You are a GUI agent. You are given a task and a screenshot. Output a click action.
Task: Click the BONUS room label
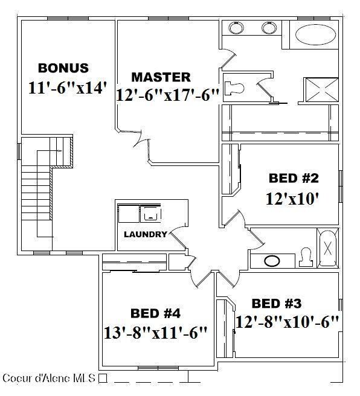click(63, 68)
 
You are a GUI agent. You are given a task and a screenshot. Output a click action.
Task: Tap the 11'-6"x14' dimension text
click(68, 87)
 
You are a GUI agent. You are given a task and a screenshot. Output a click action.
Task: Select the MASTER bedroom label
click(161, 77)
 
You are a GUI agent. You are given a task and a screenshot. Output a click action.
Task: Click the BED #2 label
click(293, 178)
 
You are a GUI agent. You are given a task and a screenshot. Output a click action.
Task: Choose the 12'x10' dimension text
click(292, 198)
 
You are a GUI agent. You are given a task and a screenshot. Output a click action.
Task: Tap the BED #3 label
click(276, 303)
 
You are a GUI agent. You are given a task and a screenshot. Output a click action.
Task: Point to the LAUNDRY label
click(146, 234)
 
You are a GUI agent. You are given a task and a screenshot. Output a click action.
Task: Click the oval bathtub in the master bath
click(316, 35)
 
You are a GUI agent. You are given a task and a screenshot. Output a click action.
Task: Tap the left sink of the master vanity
click(236, 28)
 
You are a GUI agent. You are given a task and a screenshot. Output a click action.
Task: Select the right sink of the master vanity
click(269, 28)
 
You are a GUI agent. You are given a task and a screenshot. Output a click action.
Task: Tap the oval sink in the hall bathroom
click(272, 261)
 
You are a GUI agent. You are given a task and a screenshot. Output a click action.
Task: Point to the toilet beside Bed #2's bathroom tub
click(306, 257)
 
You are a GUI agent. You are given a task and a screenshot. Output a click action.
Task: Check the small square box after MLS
click(103, 378)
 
